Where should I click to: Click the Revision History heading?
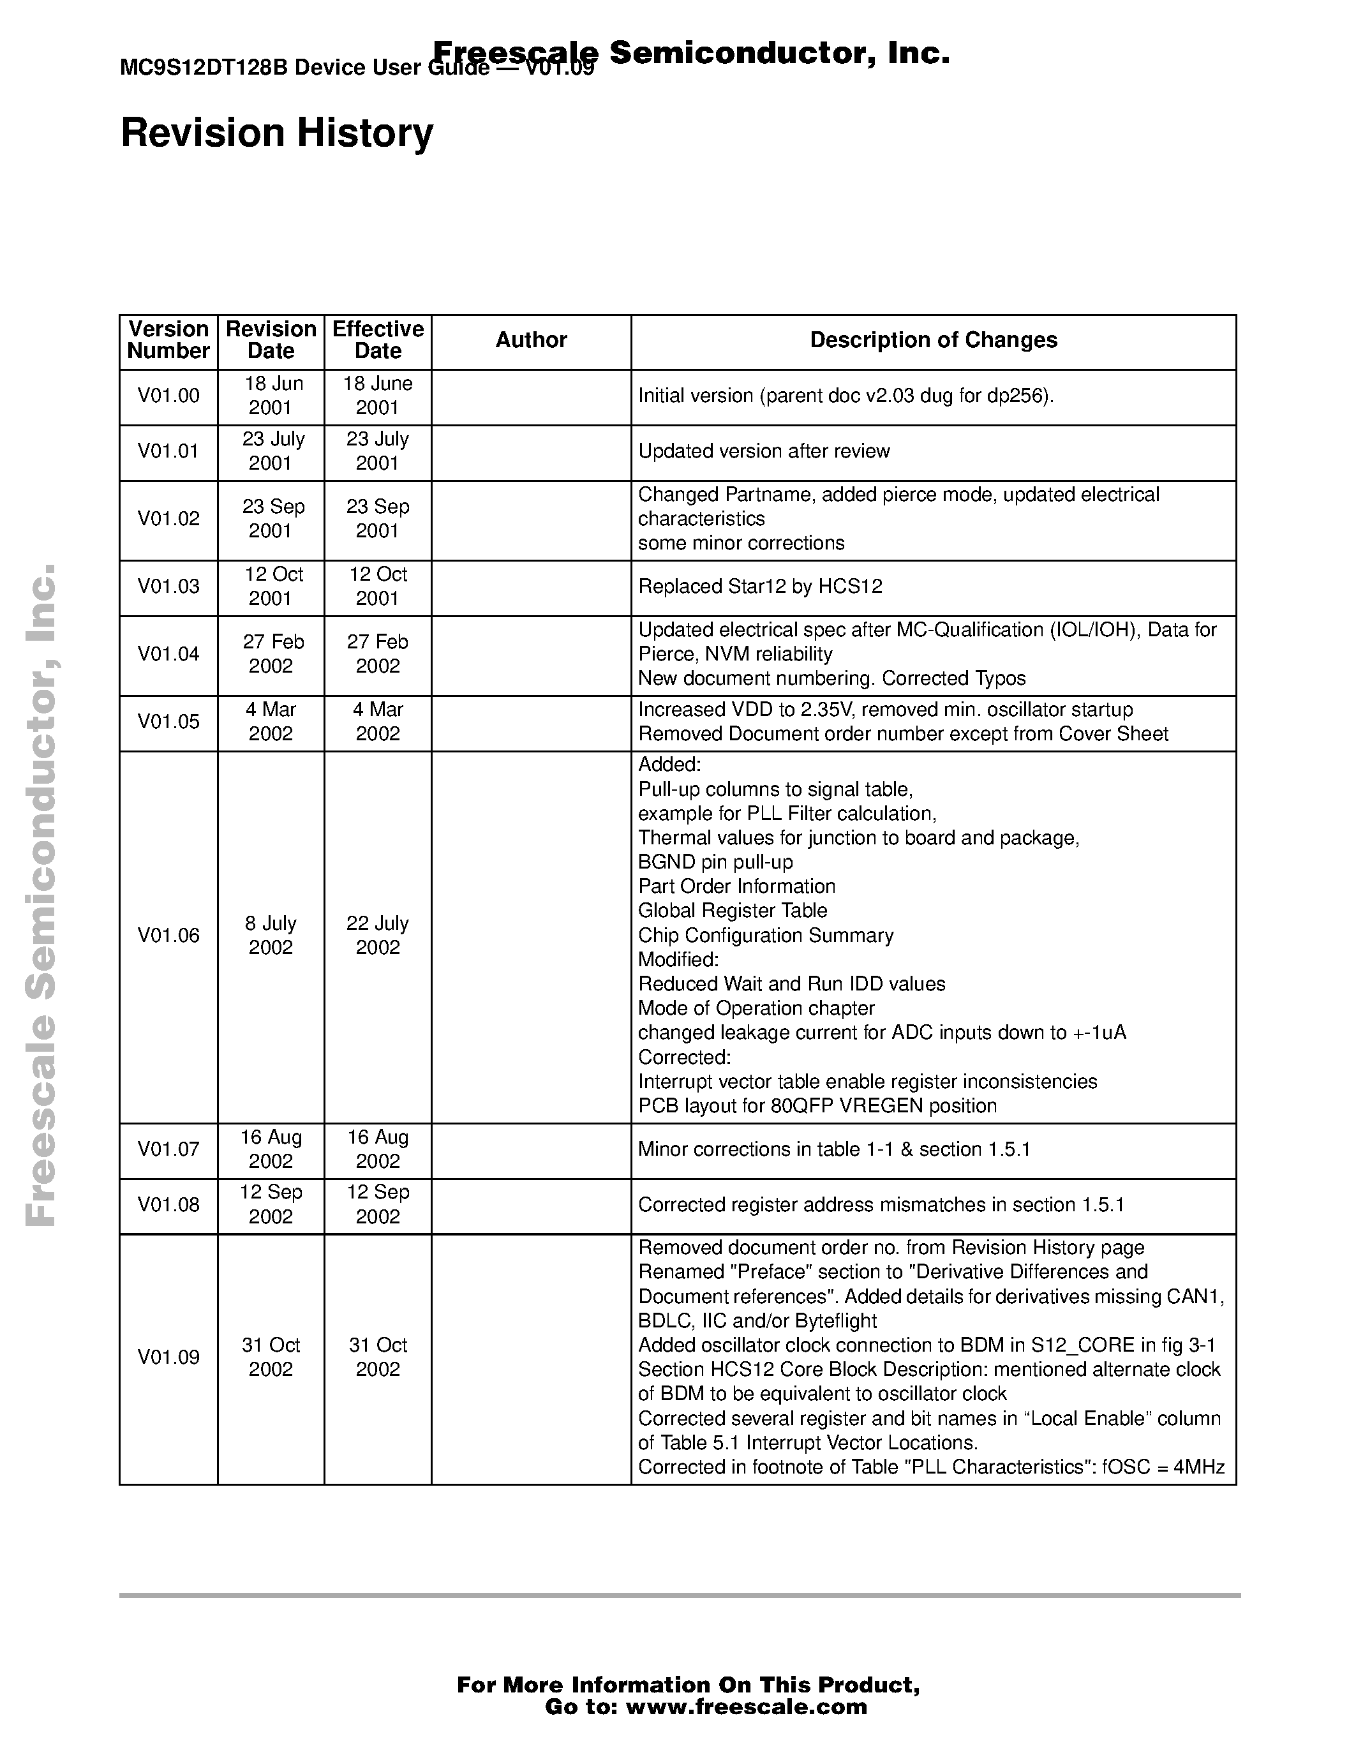coord(276,133)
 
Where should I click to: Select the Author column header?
coord(530,340)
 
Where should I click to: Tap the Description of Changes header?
coord(933,340)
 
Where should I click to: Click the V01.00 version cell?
coord(168,396)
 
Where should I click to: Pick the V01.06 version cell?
coord(168,936)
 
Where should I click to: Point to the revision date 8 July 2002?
coord(271,936)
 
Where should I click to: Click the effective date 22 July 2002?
coord(378,936)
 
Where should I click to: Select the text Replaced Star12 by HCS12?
coord(759,586)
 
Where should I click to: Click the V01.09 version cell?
coord(168,1357)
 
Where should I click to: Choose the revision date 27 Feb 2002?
coord(271,654)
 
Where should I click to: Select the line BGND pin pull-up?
coord(715,862)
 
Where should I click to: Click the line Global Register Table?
coord(732,911)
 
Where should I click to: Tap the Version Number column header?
coord(168,340)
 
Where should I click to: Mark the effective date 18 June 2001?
coord(378,396)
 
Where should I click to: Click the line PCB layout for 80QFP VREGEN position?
coord(816,1106)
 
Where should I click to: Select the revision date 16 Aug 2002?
coord(271,1149)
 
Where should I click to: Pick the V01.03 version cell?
coord(168,586)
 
